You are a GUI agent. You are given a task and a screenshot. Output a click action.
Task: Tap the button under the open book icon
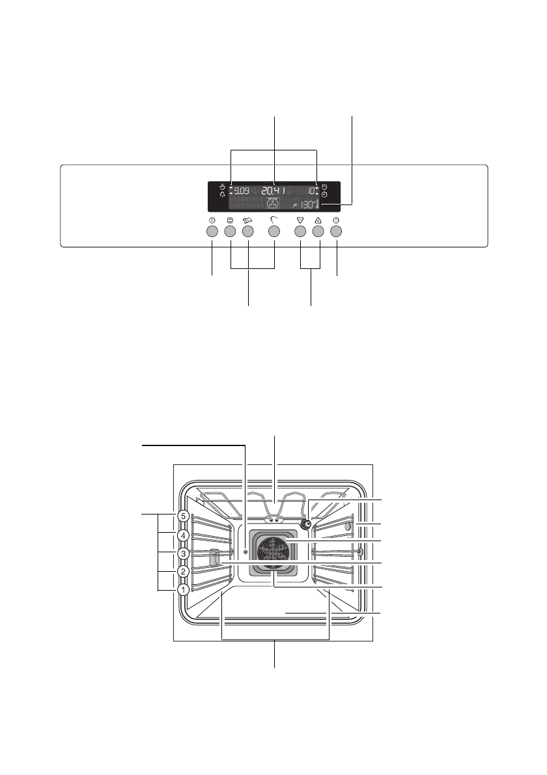point(247,231)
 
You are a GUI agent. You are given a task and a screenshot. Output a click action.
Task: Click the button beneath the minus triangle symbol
point(300,231)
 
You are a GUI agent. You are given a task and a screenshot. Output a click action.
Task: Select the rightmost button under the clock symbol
point(337,231)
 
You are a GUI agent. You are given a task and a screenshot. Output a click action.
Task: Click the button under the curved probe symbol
point(274,231)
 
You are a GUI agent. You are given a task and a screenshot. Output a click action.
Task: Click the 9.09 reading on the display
point(242,191)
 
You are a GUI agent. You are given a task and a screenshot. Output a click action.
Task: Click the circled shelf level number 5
point(184,516)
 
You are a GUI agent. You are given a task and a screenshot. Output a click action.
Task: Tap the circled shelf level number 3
point(184,554)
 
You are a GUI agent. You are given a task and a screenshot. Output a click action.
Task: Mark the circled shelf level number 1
point(184,589)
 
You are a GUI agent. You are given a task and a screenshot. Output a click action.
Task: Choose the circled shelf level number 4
point(184,535)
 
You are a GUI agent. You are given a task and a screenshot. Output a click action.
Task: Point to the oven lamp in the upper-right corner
point(305,524)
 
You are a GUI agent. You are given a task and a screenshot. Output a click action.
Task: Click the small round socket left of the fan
point(245,551)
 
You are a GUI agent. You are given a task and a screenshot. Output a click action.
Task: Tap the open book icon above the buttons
point(247,221)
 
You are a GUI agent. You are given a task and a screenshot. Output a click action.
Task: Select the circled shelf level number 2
point(184,572)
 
